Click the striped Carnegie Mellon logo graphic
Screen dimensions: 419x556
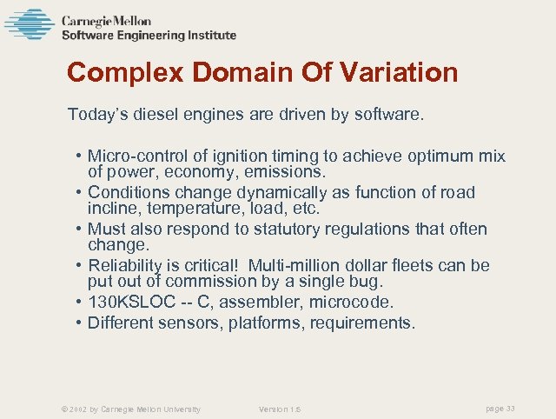[29, 24]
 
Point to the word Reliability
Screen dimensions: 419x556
[124, 265]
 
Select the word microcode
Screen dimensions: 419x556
[357, 302]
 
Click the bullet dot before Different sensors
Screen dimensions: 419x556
[78, 323]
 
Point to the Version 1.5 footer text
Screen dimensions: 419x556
[281, 409]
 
